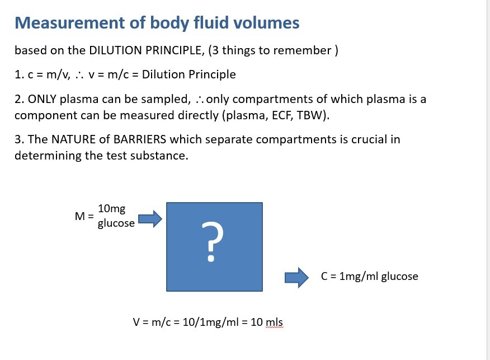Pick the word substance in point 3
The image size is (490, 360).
[x=161, y=155]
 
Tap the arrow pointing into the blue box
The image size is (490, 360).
[x=149, y=218]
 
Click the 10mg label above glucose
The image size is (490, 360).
[x=111, y=209]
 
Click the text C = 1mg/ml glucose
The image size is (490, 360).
[x=369, y=277]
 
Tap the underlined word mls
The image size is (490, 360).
[x=274, y=323]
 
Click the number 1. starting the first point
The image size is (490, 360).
[x=18, y=75]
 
